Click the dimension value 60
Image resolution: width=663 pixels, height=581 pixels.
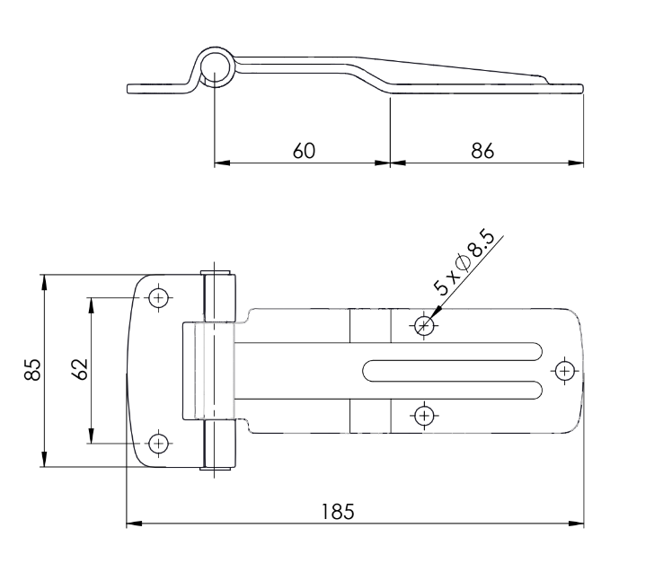[x=303, y=150]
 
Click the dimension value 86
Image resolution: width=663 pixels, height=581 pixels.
[x=482, y=150]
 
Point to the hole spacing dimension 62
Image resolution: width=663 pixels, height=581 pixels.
[x=78, y=369]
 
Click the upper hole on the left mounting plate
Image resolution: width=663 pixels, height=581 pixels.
[x=159, y=297]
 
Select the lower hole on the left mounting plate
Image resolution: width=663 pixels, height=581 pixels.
[x=159, y=442]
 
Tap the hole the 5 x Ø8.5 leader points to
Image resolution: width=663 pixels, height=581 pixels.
[x=425, y=324]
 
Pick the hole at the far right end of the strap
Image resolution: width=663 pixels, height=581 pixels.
[x=563, y=369]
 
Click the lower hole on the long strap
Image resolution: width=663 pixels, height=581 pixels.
[x=425, y=414]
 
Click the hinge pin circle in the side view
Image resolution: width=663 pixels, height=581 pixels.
[x=216, y=67]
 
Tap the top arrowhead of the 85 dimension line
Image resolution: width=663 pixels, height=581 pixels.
[x=42, y=280]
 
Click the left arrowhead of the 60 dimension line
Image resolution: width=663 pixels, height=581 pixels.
[x=220, y=163]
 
